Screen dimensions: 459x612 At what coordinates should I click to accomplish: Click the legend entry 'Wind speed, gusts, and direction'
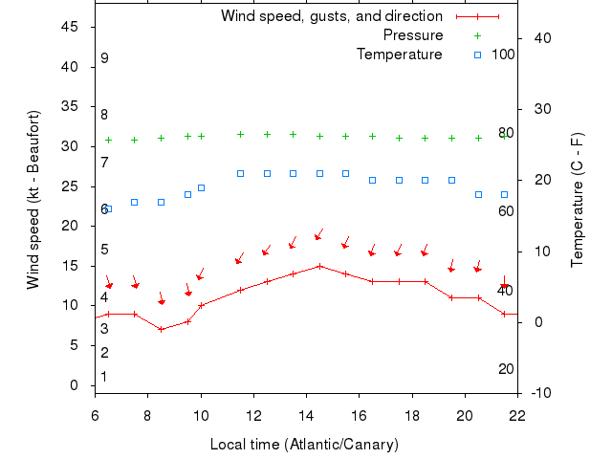pyautogui.click(x=331, y=16)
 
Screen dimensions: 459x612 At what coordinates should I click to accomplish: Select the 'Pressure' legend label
pyautogui.click(x=413, y=35)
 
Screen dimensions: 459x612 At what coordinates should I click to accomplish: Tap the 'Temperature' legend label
pyautogui.click(x=400, y=55)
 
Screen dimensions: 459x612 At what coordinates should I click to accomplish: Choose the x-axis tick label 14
pyautogui.click(x=306, y=416)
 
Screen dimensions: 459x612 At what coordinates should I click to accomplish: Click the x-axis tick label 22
pyautogui.click(x=517, y=416)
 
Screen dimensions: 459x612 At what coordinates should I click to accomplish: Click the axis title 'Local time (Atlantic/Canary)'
pyautogui.click(x=304, y=445)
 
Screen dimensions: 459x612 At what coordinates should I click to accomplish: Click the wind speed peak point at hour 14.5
pyautogui.click(x=319, y=266)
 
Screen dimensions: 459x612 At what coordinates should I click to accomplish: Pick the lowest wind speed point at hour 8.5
pyautogui.click(x=162, y=329)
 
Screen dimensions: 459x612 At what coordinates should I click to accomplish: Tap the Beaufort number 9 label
pyautogui.click(x=104, y=58)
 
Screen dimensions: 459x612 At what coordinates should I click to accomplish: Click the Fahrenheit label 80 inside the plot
pyautogui.click(x=506, y=133)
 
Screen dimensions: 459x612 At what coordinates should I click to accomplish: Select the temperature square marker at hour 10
pyautogui.click(x=201, y=187)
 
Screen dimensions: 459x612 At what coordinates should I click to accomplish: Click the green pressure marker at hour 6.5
pyautogui.click(x=108, y=140)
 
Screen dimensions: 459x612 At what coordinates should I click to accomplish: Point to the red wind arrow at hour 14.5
pyautogui.click(x=319, y=234)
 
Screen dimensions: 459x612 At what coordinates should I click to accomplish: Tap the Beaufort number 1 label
pyautogui.click(x=104, y=377)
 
